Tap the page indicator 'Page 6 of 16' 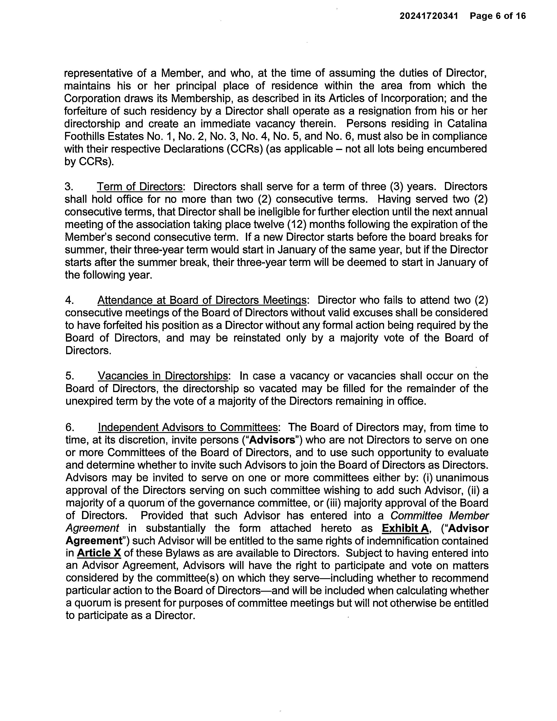tap(498, 16)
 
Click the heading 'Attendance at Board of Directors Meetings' tap(203, 300)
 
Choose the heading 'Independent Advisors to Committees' tap(188, 428)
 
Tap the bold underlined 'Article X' tap(99, 553)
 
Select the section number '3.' tap(69, 187)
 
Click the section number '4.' tap(69, 300)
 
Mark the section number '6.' tap(70, 428)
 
